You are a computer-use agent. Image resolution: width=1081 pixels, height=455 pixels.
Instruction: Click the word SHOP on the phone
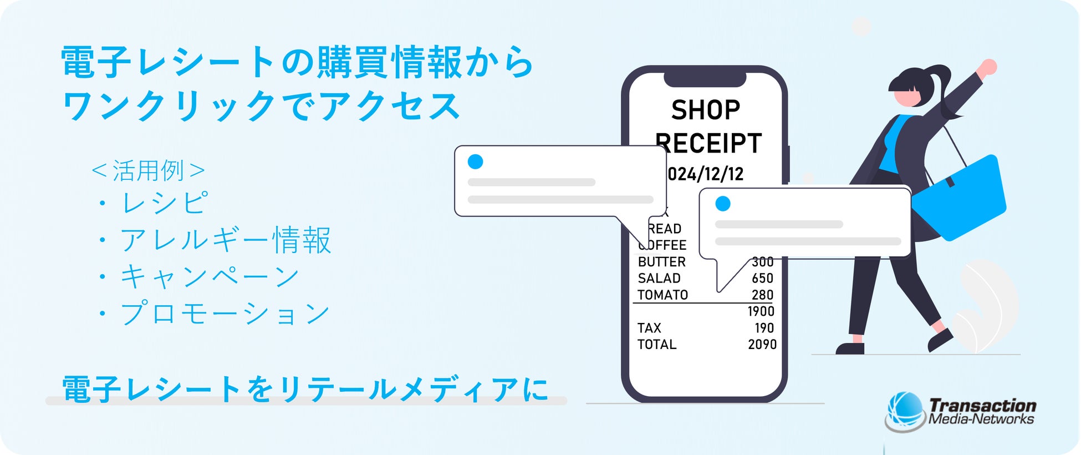coord(705,110)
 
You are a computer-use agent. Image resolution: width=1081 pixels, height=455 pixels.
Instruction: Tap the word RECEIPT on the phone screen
coord(710,143)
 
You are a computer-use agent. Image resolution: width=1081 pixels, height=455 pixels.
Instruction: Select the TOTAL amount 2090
coord(762,345)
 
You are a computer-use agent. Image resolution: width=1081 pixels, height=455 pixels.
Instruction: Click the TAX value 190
coord(764,328)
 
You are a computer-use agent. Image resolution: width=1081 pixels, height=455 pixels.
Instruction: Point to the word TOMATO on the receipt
coord(662,295)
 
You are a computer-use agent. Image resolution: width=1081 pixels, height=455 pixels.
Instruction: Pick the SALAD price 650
coord(762,279)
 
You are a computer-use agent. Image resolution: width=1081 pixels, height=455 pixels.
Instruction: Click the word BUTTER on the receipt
coord(661,262)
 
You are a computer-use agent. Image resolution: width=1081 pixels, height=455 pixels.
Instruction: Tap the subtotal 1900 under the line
coord(761,311)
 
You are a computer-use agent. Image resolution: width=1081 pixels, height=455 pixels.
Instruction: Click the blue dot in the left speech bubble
coord(475,161)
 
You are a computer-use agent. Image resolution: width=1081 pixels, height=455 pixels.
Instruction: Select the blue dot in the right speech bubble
coord(722,204)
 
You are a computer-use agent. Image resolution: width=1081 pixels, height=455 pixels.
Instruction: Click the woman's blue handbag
coord(959,198)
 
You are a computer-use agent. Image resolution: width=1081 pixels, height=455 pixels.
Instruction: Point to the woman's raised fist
coord(987,67)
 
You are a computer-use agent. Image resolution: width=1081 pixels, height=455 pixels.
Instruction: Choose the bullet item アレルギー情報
coord(225,240)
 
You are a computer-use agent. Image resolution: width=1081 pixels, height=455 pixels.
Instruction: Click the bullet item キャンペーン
coord(210,276)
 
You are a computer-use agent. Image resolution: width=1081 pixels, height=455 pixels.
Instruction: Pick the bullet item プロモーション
coord(225,314)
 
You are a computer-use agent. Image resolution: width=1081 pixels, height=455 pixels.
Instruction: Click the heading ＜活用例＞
coord(148,170)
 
